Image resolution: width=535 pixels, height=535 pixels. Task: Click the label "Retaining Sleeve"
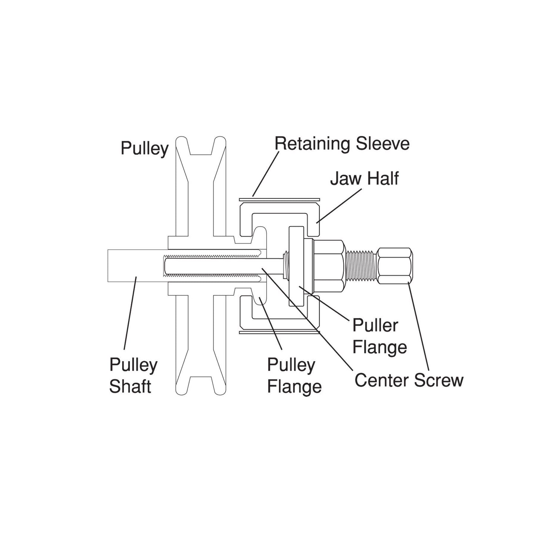point(342,144)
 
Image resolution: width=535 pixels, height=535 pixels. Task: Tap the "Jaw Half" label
point(364,178)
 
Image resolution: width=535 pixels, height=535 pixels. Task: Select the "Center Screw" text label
point(409,380)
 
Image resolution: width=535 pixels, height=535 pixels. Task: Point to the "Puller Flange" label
point(379,336)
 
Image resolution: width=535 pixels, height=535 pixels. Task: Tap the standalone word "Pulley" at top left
point(145,148)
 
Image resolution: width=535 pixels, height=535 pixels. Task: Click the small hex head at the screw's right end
point(395,266)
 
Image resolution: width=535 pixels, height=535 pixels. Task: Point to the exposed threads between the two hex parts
point(361,266)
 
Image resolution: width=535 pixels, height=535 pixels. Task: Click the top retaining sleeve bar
point(280,199)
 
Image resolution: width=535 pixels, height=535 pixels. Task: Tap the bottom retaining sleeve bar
point(280,332)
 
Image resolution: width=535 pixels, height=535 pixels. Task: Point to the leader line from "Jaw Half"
point(339,205)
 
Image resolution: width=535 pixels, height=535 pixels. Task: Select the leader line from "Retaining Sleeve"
point(265,174)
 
